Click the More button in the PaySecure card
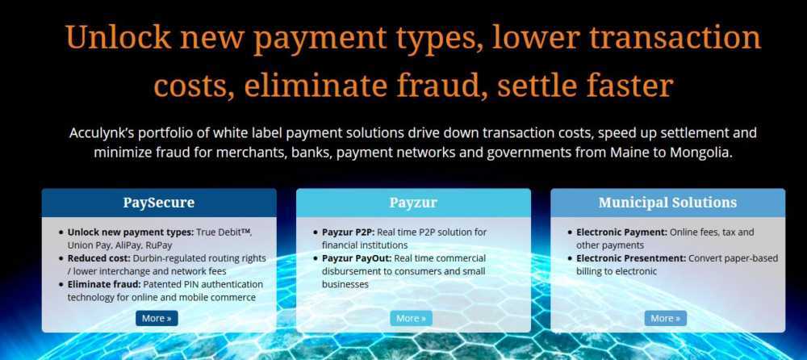coord(157,318)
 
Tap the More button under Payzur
coord(412,318)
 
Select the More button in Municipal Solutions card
coord(666,318)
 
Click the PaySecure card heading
coord(158,203)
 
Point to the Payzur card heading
coord(413,203)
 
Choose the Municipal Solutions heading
coord(667,203)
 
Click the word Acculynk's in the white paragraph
coord(102,133)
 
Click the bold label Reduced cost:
coord(99,258)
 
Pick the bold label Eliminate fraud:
coord(104,284)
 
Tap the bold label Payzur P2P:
coord(349,232)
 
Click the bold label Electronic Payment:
coord(621,232)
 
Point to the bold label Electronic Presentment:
coord(631,258)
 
